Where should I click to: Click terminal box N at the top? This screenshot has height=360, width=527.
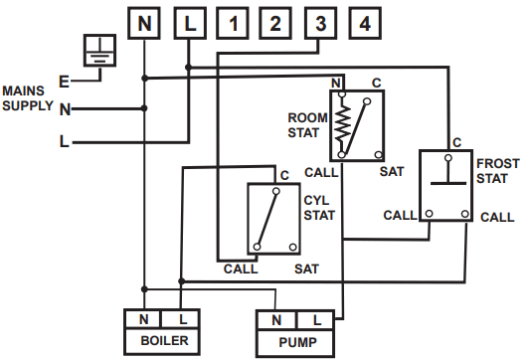point(144,22)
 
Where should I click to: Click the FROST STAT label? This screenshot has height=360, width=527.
point(497,169)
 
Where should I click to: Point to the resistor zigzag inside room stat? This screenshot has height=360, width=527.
point(343,122)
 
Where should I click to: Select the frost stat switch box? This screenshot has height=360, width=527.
point(446,185)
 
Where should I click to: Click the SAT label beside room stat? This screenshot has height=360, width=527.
point(391,171)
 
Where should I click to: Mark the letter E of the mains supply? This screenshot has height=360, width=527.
point(65,81)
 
